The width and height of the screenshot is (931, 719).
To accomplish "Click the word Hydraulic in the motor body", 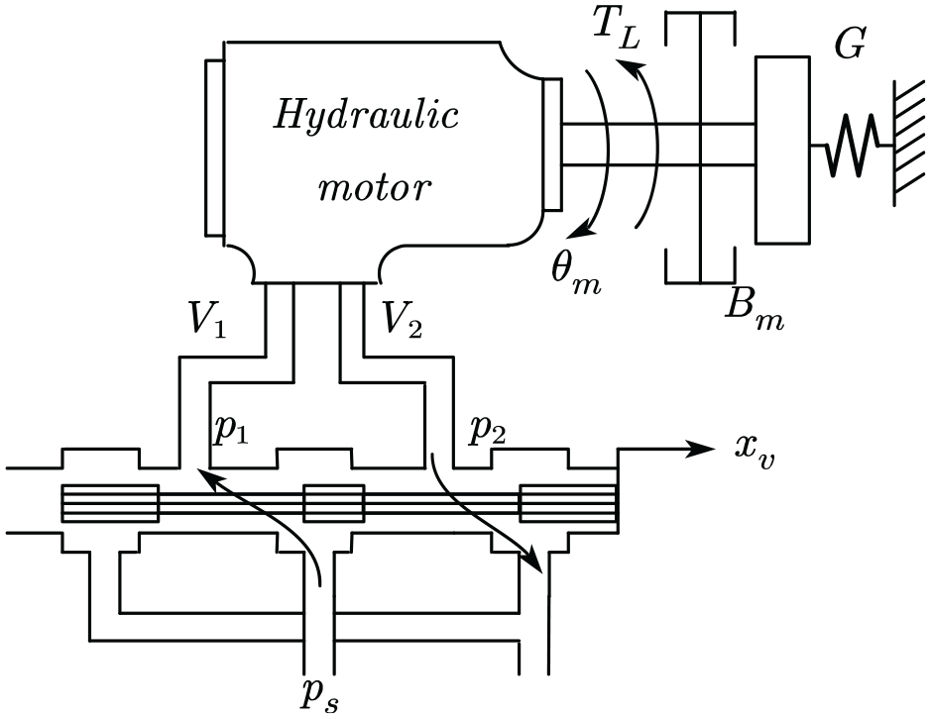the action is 366,116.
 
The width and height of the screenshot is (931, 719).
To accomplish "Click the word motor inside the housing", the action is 374,187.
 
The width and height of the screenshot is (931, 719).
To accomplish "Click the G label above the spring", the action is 850,44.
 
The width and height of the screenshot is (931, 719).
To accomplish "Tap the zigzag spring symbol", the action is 851,145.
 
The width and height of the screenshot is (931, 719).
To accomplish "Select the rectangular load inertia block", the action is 782,150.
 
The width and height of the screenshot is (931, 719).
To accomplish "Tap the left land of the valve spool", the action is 110,503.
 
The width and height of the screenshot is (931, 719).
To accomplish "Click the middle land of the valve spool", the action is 334,503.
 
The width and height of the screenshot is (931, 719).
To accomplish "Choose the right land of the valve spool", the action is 569,503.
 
